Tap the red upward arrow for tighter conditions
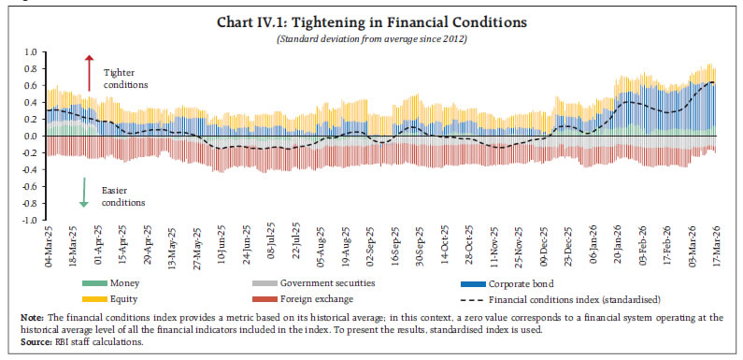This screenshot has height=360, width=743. [90, 73]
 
